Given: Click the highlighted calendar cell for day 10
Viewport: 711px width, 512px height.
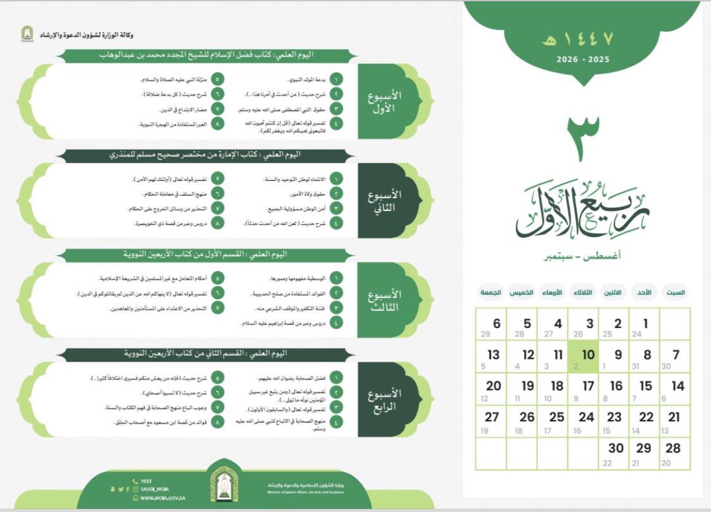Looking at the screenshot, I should tap(583, 357).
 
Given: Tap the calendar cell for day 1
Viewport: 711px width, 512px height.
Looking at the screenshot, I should tap(645, 325).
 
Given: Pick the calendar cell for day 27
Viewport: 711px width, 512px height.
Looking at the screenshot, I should tap(491, 421).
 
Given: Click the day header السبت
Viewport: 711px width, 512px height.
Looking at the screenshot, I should tap(676, 292).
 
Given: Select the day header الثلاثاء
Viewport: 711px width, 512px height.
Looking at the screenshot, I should tap(582, 292).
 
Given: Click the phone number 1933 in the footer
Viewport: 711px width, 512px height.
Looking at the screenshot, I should tap(145, 481).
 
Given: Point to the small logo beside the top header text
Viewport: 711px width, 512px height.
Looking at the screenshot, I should tap(27, 35).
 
